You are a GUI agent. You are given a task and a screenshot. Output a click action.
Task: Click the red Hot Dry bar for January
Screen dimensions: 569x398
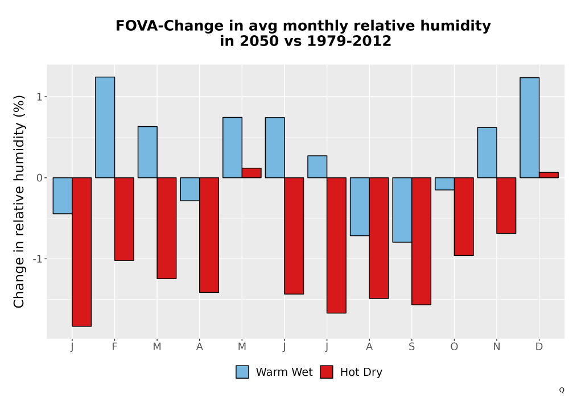click(81, 252)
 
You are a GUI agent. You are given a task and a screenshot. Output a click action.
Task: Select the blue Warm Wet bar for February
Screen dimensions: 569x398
click(105, 127)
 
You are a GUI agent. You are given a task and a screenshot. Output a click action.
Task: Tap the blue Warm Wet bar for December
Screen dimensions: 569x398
click(529, 127)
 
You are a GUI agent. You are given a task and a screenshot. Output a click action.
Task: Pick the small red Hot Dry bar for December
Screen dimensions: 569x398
click(549, 175)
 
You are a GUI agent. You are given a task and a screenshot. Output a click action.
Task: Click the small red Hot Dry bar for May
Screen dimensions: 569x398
click(251, 173)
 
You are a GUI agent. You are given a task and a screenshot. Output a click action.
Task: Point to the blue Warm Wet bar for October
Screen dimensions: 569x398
click(444, 184)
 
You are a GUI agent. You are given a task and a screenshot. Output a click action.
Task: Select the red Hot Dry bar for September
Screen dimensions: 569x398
click(421, 241)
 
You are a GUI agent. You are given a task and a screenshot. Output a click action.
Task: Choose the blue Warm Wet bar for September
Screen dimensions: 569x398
click(402, 210)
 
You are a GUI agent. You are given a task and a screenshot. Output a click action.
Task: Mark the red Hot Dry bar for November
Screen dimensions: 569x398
click(506, 205)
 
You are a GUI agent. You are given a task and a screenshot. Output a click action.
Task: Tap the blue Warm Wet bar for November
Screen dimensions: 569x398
click(487, 152)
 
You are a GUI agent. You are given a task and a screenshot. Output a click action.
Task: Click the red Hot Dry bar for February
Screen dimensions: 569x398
click(124, 219)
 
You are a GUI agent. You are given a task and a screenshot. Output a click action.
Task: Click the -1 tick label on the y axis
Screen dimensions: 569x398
click(38, 259)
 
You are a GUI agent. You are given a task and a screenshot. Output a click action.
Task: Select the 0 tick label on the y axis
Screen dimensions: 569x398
click(40, 178)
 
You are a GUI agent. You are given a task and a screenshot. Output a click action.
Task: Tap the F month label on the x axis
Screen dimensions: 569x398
click(115, 347)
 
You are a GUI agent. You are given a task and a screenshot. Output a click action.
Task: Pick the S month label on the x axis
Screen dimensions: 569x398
click(411, 347)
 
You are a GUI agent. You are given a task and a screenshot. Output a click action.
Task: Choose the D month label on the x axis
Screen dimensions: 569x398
click(539, 347)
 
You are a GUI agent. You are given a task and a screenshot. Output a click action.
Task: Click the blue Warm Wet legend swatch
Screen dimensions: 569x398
click(242, 372)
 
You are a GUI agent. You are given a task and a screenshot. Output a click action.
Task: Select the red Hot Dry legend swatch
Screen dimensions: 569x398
click(327, 372)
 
